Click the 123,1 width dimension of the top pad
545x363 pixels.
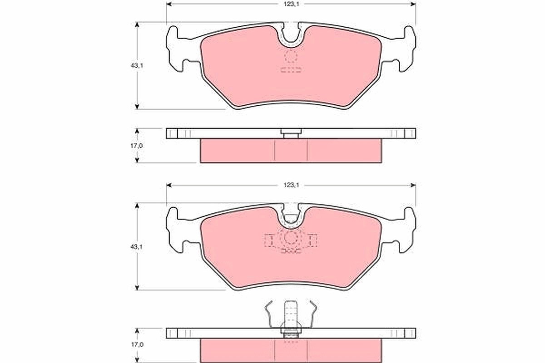[x=291, y=4]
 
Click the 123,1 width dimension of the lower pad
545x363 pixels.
[x=291, y=185]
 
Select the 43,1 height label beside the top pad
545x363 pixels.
[x=137, y=66]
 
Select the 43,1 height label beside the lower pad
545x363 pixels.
[x=137, y=247]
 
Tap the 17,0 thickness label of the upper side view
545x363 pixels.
[x=137, y=146]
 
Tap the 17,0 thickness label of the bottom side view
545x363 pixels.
[x=137, y=345]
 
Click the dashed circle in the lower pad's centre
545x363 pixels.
[x=291, y=238]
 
